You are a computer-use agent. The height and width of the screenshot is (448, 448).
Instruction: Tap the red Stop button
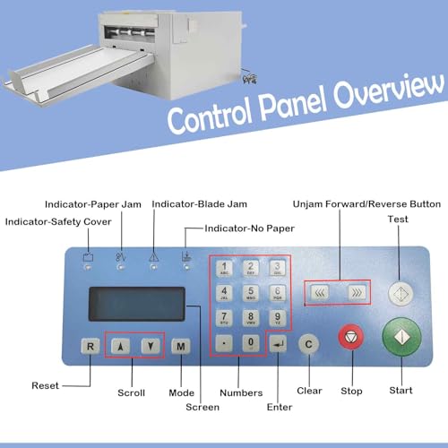pos(351,337)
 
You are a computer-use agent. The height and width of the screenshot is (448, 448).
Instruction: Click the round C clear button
pos(308,344)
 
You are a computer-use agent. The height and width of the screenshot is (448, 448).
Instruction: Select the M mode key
pos(181,347)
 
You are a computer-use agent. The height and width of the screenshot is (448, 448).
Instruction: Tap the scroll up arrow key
pos(120,347)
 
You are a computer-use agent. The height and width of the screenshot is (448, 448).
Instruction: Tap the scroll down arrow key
pos(151,346)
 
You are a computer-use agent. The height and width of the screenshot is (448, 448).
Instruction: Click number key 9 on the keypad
pos(278,318)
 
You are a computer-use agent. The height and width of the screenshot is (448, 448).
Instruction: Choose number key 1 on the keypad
pos(224,268)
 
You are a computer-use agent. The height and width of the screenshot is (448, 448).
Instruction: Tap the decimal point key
pos(224,343)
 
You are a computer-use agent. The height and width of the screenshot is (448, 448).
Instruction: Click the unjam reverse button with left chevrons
pos(320,293)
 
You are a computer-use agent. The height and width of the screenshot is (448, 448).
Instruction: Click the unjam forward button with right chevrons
pos(357,293)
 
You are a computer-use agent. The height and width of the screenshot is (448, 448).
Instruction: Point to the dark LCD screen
pos(137,304)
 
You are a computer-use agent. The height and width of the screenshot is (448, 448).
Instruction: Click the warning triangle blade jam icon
pos(154,257)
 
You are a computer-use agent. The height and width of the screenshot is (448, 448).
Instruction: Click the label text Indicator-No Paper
pos(249,228)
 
